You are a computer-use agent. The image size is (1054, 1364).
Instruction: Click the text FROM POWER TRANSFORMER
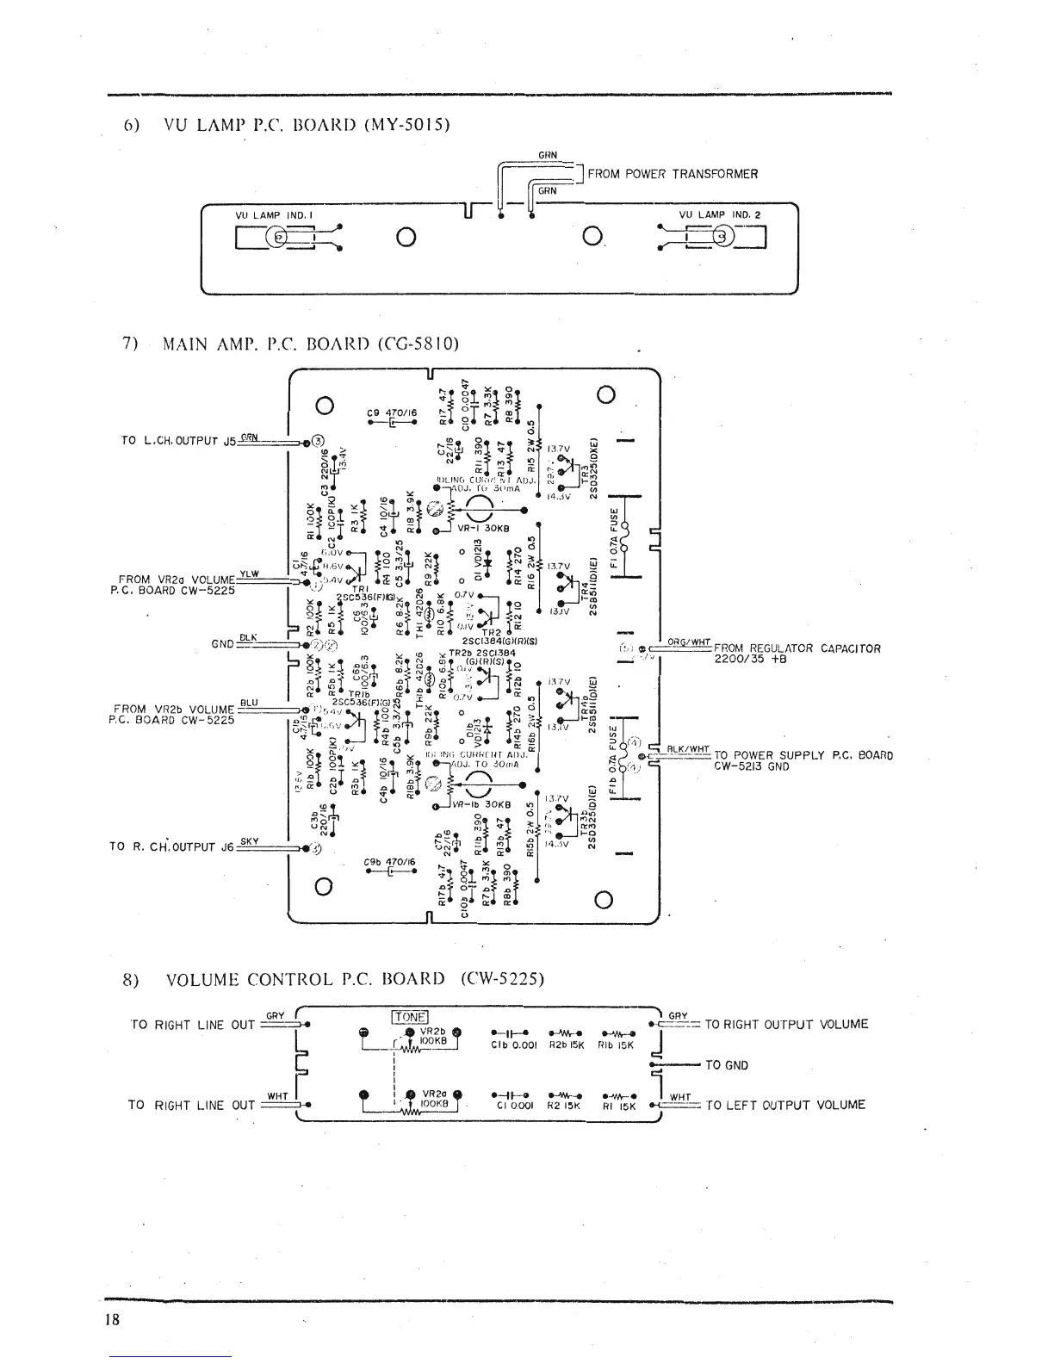pyautogui.click(x=673, y=174)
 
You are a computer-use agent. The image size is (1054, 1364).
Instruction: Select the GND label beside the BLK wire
pyautogui.click(x=223, y=642)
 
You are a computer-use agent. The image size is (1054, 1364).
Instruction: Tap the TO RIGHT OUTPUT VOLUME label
pyautogui.click(x=786, y=1024)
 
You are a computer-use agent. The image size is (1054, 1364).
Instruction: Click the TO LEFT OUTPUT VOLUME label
pyautogui.click(x=784, y=1105)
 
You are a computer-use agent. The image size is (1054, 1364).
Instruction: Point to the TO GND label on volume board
pyautogui.click(x=727, y=1065)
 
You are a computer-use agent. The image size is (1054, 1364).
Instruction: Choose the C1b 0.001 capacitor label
pyautogui.click(x=514, y=1045)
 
